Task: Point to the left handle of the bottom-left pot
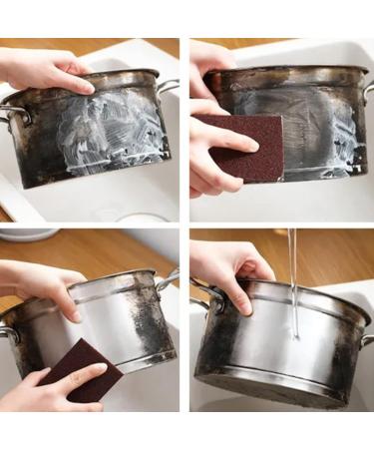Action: (9, 333)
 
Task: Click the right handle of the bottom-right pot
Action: (366, 340)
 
